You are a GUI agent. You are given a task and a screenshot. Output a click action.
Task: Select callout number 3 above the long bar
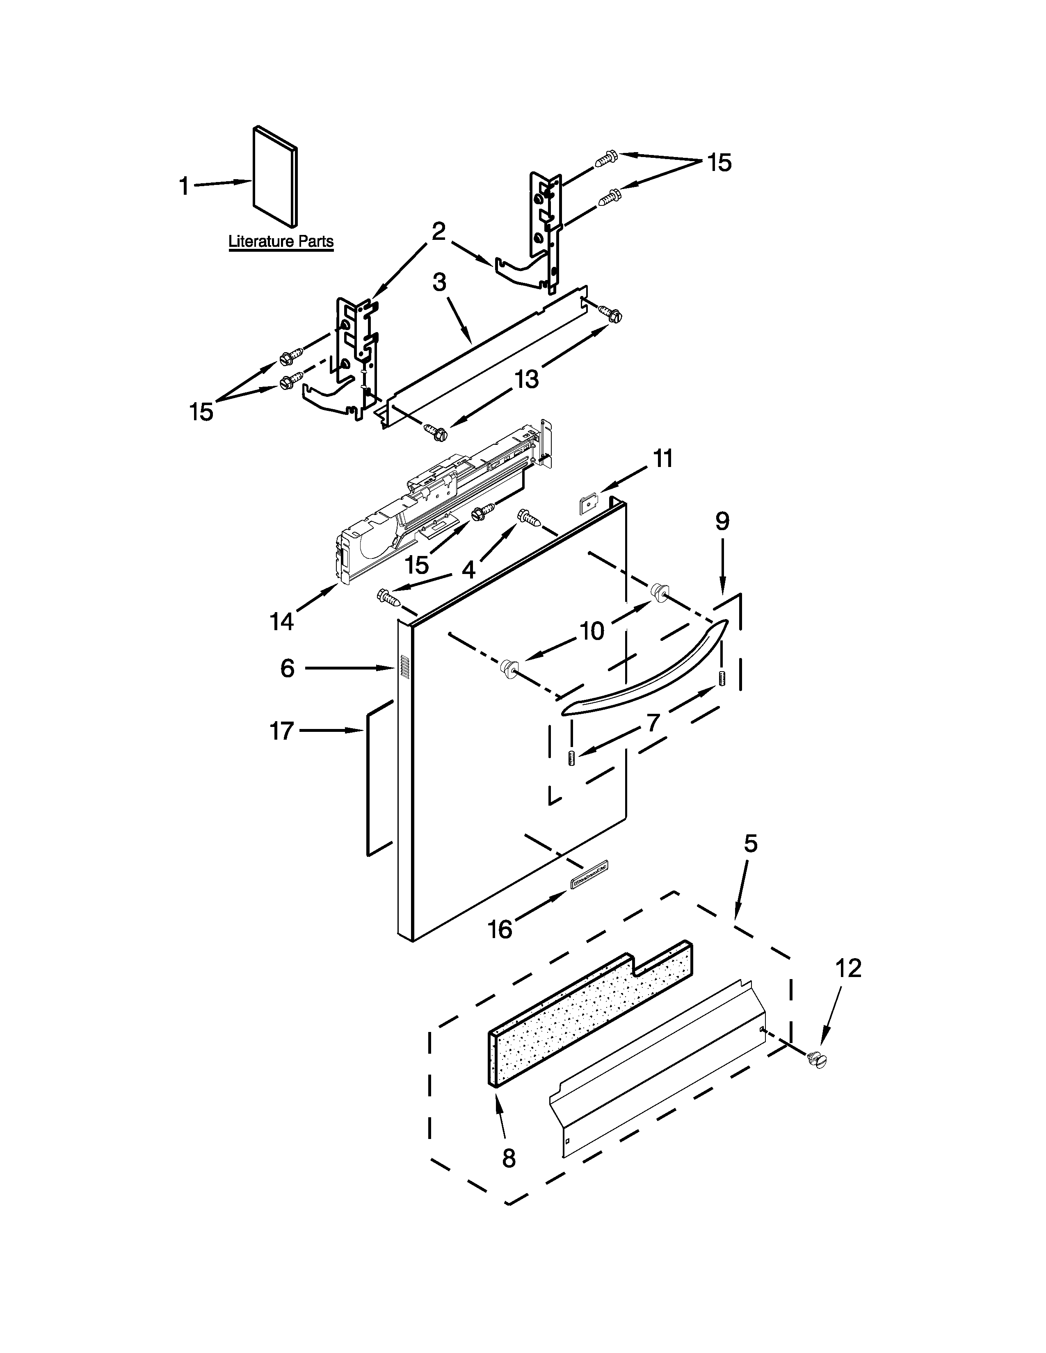click(x=439, y=282)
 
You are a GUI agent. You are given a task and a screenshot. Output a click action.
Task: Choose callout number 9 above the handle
click(x=722, y=521)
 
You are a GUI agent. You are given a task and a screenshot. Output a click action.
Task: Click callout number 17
click(x=281, y=731)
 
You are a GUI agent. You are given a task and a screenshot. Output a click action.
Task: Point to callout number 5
click(x=750, y=844)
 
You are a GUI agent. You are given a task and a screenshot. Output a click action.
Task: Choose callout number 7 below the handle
click(x=653, y=722)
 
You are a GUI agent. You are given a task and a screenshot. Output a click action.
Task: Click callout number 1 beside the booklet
click(x=184, y=186)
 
